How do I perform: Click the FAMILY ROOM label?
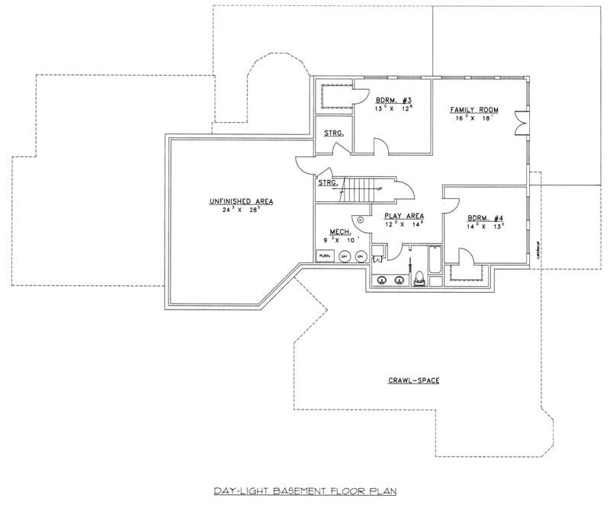tap(474, 111)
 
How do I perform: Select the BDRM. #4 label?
tap(485, 217)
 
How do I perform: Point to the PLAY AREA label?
tap(403, 217)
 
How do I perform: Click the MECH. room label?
tap(339, 232)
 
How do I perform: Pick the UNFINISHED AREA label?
tap(241, 201)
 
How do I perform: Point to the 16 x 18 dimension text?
tap(474, 119)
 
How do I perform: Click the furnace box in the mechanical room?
tap(325, 255)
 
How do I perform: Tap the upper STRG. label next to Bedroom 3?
tap(333, 133)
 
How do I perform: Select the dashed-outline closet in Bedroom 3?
tap(333, 97)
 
